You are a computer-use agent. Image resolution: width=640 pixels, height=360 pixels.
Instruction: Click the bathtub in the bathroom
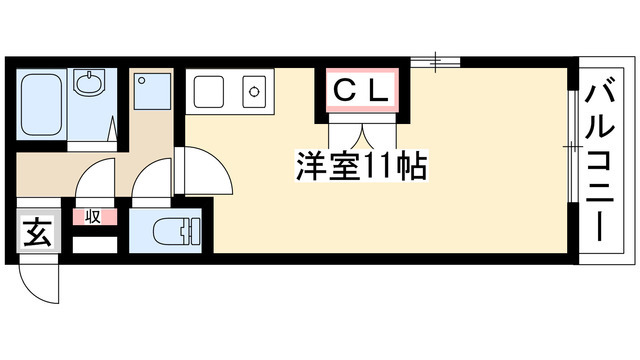(41, 104)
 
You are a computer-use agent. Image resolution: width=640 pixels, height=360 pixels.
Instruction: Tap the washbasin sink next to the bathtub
(89, 82)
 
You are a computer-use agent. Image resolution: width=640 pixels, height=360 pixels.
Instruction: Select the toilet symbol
(176, 231)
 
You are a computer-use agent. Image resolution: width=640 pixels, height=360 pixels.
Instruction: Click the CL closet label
(361, 91)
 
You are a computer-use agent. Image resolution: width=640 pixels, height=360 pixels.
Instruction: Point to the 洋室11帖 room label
(361, 166)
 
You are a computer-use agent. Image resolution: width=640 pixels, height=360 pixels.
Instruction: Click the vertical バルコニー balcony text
(600, 161)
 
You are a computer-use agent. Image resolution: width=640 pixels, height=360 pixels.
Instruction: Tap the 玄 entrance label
(38, 232)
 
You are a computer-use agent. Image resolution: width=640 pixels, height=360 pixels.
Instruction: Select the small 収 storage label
(93, 217)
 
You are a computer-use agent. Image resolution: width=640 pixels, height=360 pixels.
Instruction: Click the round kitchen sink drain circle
(254, 91)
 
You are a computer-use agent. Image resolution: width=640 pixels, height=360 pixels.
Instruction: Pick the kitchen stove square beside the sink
(209, 92)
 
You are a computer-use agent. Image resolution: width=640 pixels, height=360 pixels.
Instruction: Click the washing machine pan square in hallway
(153, 91)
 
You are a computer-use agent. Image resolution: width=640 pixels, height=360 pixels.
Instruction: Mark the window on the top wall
(435, 62)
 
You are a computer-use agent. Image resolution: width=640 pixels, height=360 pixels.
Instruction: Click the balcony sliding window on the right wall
(573, 146)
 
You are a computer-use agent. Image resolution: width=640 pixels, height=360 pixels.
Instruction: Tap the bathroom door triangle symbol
(112, 129)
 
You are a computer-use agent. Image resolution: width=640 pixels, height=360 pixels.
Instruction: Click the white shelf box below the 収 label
(95, 245)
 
